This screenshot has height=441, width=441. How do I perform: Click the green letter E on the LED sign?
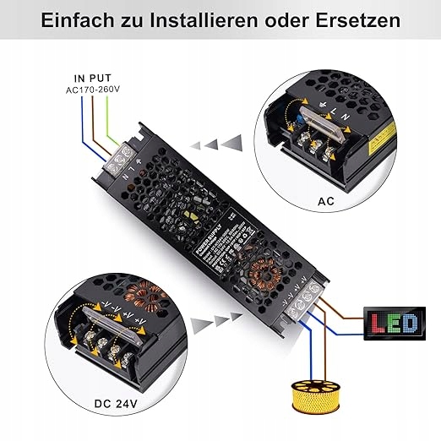point(395,324)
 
